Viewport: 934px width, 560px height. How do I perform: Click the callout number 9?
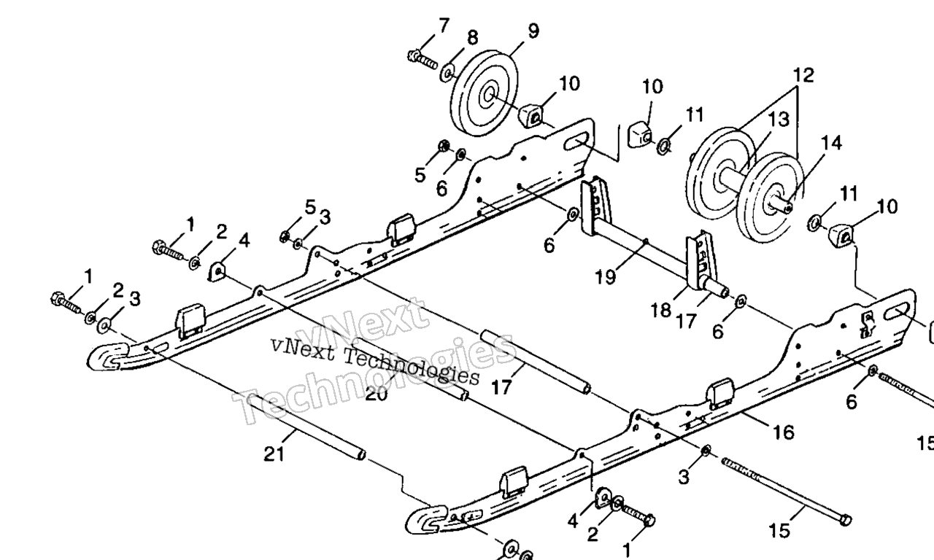pyautogui.click(x=533, y=31)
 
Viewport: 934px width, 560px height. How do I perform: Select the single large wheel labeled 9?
pyautogui.click(x=484, y=93)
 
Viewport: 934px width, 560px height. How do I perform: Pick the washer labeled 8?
pyautogui.click(x=448, y=71)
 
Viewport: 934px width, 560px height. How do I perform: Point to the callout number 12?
pyautogui.click(x=803, y=75)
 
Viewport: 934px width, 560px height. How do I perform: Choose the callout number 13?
pyautogui.click(x=779, y=119)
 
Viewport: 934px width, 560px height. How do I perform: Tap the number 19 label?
pyautogui.click(x=605, y=276)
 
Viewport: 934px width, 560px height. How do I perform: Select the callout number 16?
pyautogui.click(x=783, y=432)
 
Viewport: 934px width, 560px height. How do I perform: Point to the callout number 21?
pyautogui.click(x=273, y=454)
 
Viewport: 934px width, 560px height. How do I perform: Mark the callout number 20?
pyautogui.click(x=377, y=394)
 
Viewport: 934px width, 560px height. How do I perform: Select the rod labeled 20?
pyautogui.click(x=409, y=368)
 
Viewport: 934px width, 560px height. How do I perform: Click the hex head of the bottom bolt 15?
pyautogui.click(x=845, y=519)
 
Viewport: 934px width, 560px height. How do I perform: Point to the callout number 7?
pyautogui.click(x=444, y=26)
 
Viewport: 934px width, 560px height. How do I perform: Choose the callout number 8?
pyautogui.click(x=473, y=37)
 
